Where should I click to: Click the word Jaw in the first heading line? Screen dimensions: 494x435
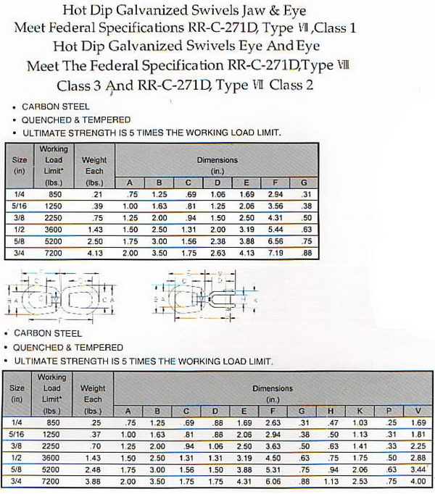click(236, 10)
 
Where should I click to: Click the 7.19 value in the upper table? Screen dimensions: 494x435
click(276, 252)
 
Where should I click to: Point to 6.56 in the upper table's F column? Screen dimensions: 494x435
click(276, 240)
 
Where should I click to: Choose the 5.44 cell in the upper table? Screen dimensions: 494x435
click(276, 229)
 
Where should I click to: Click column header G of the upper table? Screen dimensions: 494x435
click(305, 183)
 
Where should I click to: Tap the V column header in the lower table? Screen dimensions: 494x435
click(418, 411)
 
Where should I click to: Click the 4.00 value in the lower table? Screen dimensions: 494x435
click(418, 480)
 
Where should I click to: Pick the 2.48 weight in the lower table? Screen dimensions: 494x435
click(95, 469)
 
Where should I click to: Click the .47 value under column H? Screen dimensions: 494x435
click(333, 422)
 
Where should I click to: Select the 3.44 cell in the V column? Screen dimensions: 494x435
click(418, 469)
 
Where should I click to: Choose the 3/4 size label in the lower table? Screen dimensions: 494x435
click(17, 480)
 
